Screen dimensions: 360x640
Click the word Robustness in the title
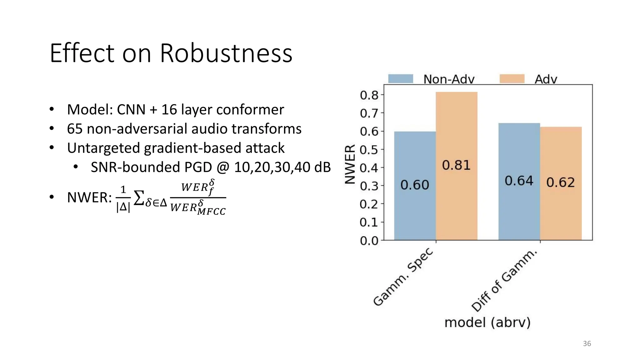point(226,53)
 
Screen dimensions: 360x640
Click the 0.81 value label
point(456,165)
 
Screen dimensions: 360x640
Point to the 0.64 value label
point(519,181)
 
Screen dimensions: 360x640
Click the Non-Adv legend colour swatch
point(400,79)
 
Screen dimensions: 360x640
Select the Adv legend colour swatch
point(512,79)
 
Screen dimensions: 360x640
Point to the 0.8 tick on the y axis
point(369,95)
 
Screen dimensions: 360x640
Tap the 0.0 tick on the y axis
point(369,241)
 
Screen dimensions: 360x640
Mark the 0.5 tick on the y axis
point(369,150)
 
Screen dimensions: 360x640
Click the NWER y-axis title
point(350,164)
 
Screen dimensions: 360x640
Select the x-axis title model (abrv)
point(487,322)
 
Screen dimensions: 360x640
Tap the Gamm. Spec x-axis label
point(403,277)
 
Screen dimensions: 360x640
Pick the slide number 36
point(587,344)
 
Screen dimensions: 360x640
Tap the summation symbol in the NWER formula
point(139,198)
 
